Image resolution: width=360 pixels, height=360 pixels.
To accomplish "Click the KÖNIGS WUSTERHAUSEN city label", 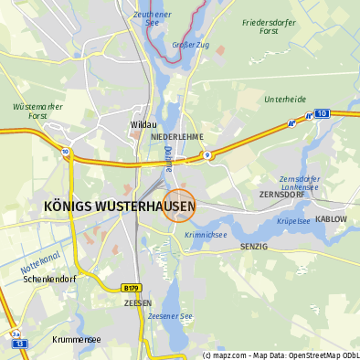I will (x=120, y=207).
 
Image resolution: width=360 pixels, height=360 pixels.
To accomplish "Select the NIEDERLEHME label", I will (x=177, y=136).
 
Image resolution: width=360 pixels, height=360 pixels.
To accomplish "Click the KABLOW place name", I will (x=331, y=219).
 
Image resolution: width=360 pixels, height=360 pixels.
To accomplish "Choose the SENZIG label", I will (x=253, y=247).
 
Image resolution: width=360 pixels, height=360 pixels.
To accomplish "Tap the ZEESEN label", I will (x=137, y=302).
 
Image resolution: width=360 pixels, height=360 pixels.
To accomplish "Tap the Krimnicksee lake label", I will (x=205, y=235).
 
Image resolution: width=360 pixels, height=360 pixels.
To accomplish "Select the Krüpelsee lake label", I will (x=294, y=221).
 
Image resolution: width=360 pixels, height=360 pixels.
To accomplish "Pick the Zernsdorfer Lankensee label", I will (x=301, y=183).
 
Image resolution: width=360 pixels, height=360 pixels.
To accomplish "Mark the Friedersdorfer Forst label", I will (x=271, y=26).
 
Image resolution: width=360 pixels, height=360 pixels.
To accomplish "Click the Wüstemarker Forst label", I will (x=37, y=111).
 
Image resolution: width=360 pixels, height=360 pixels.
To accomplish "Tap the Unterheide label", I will (x=284, y=99).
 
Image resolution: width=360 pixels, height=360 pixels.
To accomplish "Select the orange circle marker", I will (x=179, y=205).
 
